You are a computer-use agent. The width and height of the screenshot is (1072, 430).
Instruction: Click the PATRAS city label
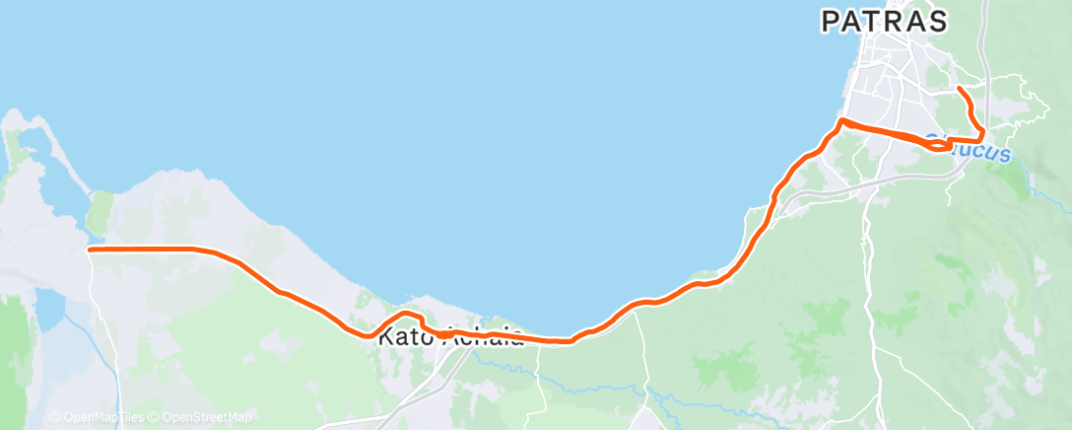(884, 21)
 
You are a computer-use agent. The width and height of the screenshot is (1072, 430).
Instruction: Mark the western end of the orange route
(91, 250)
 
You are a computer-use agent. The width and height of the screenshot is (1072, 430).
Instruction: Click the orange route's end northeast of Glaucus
(960, 90)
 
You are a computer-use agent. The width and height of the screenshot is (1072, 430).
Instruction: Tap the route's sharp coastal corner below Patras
(840, 120)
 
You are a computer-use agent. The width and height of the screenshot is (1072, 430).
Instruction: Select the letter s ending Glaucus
(1005, 154)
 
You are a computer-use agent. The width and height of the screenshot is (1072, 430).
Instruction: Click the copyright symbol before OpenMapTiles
(54, 418)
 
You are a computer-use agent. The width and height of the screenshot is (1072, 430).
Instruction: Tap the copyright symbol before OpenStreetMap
(156, 418)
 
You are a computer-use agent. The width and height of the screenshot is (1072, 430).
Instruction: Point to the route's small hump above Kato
(406, 315)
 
